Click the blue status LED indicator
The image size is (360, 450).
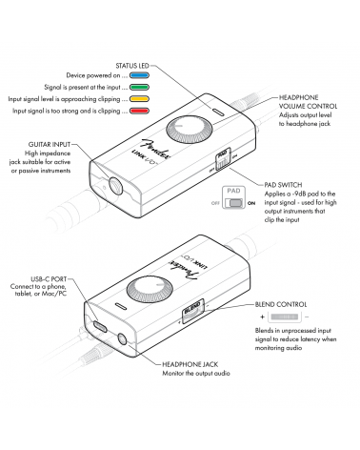(139, 75)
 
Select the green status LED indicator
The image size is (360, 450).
(139, 87)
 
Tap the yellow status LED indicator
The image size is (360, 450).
(139, 99)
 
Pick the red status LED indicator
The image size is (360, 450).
(139, 111)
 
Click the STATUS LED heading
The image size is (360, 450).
(132, 66)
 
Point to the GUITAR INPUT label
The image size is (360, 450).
(50, 145)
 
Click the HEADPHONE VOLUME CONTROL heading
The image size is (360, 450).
(308, 102)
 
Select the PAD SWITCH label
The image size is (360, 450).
(283, 185)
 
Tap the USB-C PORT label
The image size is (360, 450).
(49, 279)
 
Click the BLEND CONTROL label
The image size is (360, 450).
(281, 304)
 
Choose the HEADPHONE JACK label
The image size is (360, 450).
(190, 364)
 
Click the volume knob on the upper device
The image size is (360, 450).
(189, 130)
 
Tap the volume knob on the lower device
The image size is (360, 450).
(150, 290)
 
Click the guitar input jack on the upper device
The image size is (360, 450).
(115, 185)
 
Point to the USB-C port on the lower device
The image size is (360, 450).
(100, 326)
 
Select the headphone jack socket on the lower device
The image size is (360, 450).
(122, 340)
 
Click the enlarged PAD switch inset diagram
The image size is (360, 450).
(233, 197)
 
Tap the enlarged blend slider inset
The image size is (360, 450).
(285, 317)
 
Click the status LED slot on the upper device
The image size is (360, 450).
(217, 112)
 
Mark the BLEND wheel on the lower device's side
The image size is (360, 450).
(192, 311)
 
